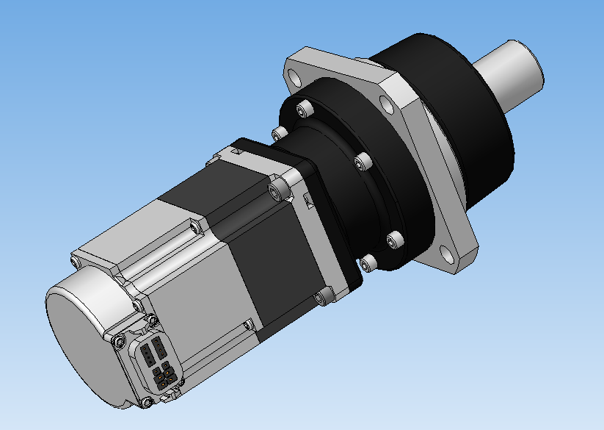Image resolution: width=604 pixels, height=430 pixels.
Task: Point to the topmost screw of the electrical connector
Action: click(x=152, y=320)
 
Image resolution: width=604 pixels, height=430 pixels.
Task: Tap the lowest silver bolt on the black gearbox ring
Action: click(x=367, y=262)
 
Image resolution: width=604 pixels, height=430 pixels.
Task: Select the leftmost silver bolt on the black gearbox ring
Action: click(x=277, y=133)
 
